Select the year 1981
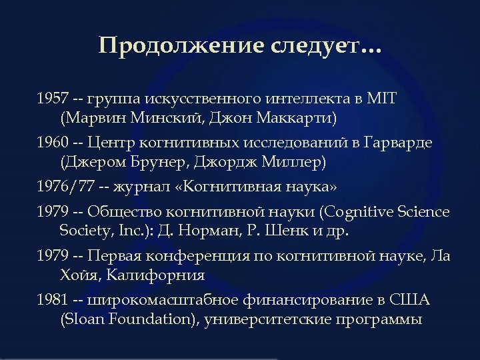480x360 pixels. coord(52,300)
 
